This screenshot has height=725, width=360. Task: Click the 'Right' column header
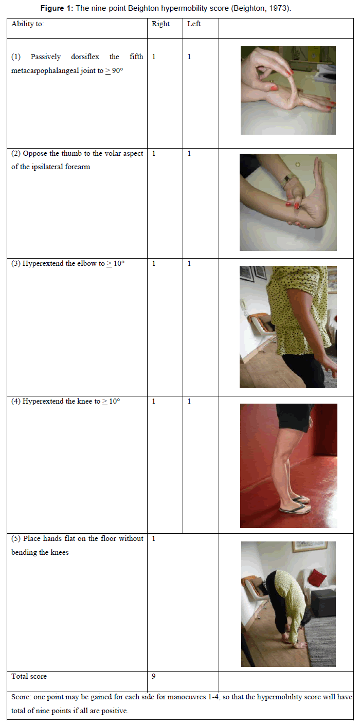click(x=160, y=24)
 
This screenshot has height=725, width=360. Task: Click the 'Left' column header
click(x=193, y=24)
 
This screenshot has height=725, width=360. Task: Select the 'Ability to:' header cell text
click(x=28, y=24)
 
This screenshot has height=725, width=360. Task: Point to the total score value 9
click(x=153, y=676)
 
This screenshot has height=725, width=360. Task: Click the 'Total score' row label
click(x=29, y=676)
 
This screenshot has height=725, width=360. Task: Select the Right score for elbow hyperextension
click(x=154, y=263)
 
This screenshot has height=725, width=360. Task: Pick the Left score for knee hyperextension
click(x=189, y=402)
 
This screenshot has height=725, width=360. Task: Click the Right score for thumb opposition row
click(x=154, y=153)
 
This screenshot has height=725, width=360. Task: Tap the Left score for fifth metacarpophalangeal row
click(x=189, y=57)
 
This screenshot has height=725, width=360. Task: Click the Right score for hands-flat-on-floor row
click(x=154, y=538)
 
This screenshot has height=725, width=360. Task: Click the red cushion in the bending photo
click(x=317, y=576)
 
